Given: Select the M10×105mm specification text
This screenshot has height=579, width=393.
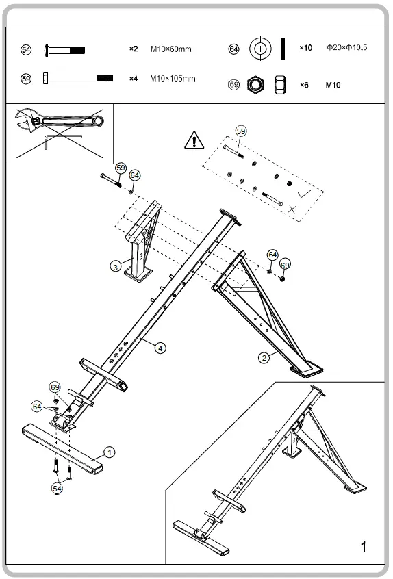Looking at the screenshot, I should tap(173, 79).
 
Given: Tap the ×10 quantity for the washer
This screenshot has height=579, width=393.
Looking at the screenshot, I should tap(305, 48).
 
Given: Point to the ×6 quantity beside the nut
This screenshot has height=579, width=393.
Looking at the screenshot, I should tap(305, 85).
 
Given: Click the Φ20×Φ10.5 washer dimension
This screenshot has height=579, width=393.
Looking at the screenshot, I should tap(347, 48).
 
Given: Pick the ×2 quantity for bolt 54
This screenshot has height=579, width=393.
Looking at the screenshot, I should tap(134, 49).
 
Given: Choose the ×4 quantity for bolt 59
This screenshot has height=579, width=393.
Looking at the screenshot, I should tap(134, 79).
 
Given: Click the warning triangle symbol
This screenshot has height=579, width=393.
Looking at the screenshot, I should tap(194, 141).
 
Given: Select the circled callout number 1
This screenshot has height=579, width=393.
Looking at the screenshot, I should tap(110, 452).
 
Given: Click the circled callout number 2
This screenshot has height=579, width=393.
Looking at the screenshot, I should tap(262, 355).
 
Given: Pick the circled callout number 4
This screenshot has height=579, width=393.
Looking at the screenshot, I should tap(160, 348).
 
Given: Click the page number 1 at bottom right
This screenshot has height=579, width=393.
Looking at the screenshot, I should tap(364, 546).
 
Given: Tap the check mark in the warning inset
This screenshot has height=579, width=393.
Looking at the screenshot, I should tap(305, 195).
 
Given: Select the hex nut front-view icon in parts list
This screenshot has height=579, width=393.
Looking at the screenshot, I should tap(255, 85).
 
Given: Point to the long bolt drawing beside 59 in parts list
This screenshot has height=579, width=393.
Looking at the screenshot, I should tap(77, 79).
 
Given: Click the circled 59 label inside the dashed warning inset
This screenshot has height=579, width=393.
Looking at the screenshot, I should tap(240, 130).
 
